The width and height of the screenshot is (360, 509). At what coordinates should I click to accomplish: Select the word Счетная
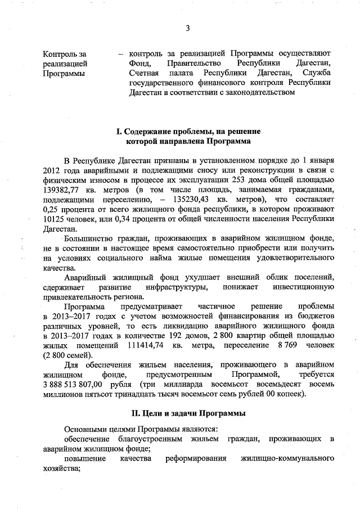coord(144,74)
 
